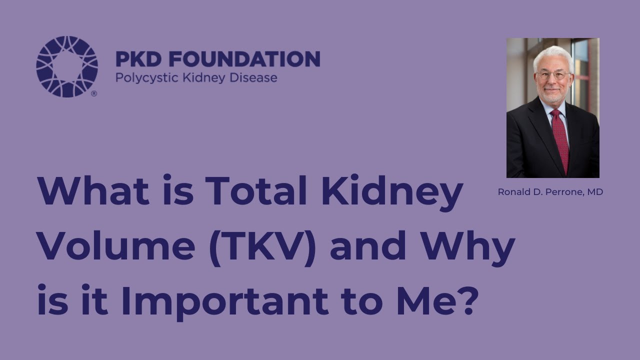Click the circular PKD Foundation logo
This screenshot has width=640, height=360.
click(x=67, y=66)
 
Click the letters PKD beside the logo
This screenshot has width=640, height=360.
click(x=132, y=59)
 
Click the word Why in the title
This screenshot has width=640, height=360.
click(x=467, y=247)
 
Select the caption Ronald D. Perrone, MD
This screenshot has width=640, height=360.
click(x=550, y=192)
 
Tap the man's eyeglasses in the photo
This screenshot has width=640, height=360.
click(x=552, y=75)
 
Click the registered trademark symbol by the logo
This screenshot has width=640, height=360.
click(x=94, y=93)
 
